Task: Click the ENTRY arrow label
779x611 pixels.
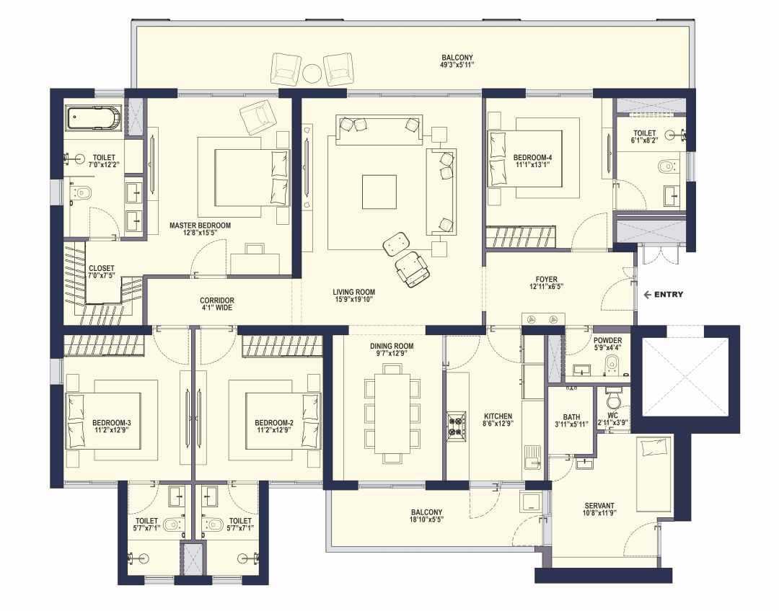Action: click(x=664, y=295)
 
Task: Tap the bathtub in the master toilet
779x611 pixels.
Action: click(x=94, y=118)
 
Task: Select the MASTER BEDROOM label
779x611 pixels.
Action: click(x=201, y=226)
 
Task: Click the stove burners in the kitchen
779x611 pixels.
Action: click(x=456, y=425)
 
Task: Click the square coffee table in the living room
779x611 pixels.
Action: click(x=379, y=192)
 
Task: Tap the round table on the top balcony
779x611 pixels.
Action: click(x=312, y=74)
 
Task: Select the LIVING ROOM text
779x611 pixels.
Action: click(x=353, y=293)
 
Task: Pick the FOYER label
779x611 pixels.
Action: click(x=547, y=280)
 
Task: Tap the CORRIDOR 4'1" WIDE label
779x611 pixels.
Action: click(x=217, y=304)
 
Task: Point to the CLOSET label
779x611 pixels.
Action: click(x=102, y=268)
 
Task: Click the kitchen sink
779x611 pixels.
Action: click(x=533, y=457)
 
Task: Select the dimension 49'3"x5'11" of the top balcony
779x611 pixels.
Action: click(x=457, y=65)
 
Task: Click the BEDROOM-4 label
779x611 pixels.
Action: click(x=532, y=158)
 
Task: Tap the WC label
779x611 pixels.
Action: click(x=612, y=416)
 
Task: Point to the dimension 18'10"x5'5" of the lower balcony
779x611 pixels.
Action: click(x=427, y=519)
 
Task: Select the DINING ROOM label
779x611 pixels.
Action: click(x=392, y=347)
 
